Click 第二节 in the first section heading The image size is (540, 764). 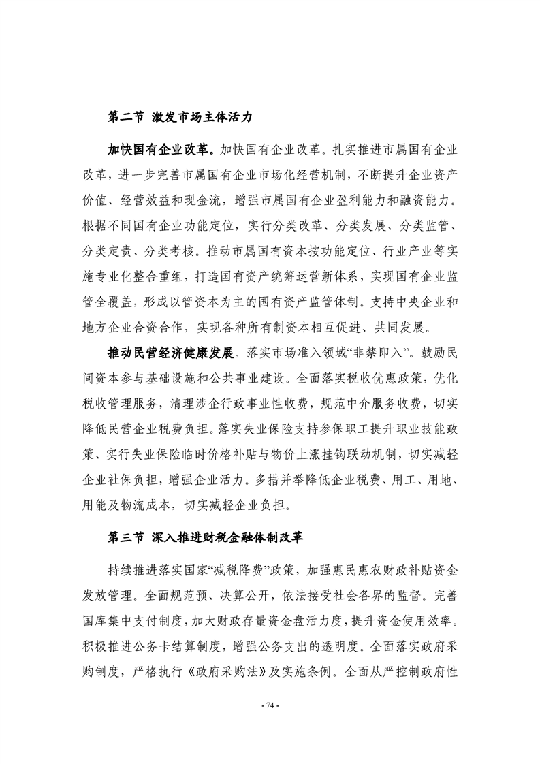(x=126, y=116)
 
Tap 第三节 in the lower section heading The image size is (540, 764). (x=126, y=537)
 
